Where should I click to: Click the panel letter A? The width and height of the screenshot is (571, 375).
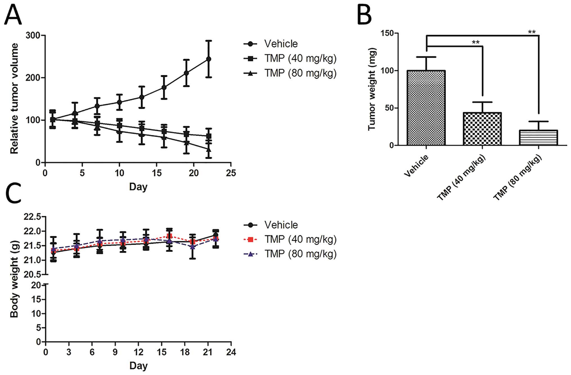click(13, 16)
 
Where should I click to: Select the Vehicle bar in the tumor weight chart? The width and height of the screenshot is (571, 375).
click(426, 108)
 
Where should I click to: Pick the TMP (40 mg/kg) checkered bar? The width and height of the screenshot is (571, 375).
click(482, 129)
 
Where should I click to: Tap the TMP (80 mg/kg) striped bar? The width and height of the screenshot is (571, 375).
click(538, 138)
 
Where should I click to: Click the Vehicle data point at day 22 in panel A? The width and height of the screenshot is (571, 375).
click(209, 59)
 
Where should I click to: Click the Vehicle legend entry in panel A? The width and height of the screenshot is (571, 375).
click(281, 44)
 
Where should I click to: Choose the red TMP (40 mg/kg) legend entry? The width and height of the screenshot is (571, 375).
click(300, 239)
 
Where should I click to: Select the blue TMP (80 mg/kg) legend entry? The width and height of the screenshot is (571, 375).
click(300, 254)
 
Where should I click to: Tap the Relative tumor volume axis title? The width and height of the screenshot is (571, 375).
click(14, 98)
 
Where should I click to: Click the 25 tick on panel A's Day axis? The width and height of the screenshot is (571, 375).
click(231, 173)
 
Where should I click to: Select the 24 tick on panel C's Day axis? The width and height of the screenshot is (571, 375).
click(231, 352)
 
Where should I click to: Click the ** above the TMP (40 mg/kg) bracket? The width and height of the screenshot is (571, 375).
click(475, 42)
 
